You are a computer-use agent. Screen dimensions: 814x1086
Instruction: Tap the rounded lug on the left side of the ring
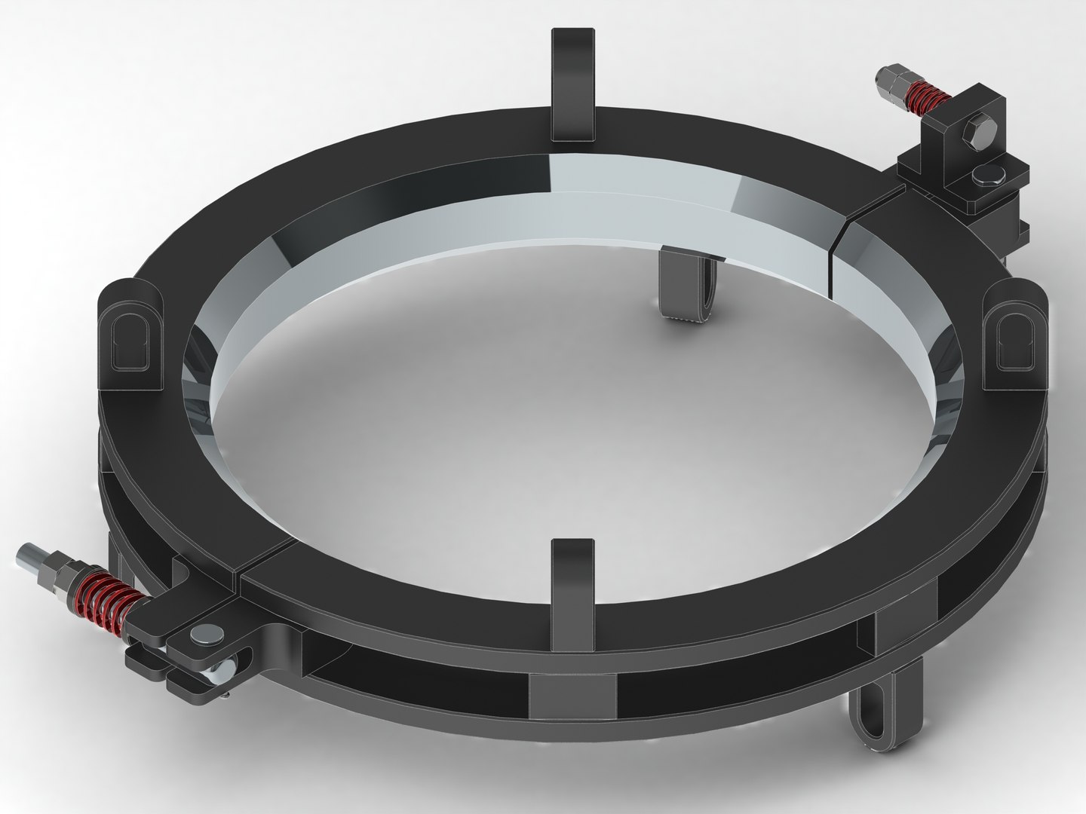pyautogui.click(x=130, y=332)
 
